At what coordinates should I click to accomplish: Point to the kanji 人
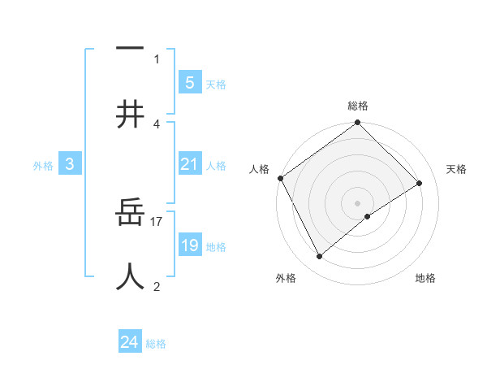130,276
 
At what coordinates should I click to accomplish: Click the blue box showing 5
189,82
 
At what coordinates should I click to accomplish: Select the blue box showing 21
189,164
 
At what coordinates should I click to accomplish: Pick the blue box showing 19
189,245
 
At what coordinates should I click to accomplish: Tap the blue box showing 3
70,164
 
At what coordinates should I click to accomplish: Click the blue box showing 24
130,342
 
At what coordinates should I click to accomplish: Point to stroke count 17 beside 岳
157,221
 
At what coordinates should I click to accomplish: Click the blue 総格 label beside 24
156,344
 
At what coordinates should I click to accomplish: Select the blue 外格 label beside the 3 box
43,166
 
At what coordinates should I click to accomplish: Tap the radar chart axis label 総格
358,106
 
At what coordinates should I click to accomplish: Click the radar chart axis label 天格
456,169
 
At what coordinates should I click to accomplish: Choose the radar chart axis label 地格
425,278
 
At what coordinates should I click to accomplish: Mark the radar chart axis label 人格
259,169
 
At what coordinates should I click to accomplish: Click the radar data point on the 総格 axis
358,124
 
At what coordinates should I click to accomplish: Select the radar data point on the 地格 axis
368,216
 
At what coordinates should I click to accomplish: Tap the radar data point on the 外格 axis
319,257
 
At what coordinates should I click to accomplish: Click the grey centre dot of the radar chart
358,202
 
